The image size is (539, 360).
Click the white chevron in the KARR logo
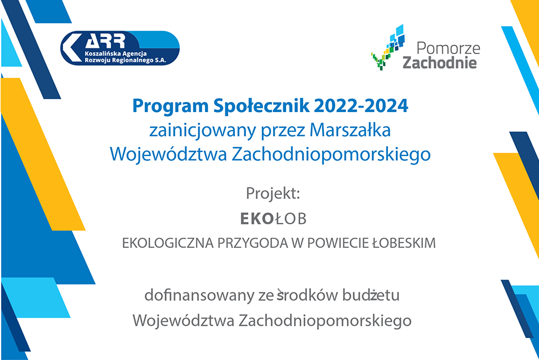click(x=70, y=48)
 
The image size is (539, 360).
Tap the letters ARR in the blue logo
click(x=105, y=42)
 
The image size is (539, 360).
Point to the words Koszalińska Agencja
click(x=115, y=54)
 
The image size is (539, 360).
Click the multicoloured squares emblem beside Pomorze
click(x=387, y=47)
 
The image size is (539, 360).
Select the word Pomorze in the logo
click(x=448, y=48)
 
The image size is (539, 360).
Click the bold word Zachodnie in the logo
click(x=440, y=63)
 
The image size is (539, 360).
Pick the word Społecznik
click(x=261, y=105)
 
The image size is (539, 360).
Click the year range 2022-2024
click(x=361, y=105)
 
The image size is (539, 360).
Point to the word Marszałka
click(x=350, y=130)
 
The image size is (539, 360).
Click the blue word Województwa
click(x=168, y=154)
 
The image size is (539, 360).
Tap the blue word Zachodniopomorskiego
click(x=331, y=155)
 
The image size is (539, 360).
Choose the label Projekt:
click(x=273, y=193)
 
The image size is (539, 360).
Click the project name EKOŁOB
click(x=273, y=219)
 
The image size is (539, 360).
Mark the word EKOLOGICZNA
click(x=167, y=243)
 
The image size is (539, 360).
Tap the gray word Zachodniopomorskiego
click(x=325, y=321)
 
